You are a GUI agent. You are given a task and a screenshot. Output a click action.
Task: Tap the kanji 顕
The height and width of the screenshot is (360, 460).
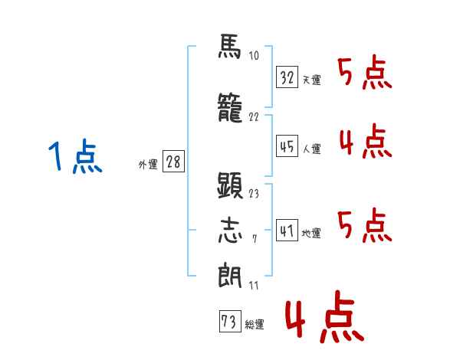[x=229, y=186]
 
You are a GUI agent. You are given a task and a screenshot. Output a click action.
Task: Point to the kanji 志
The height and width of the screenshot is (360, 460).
[x=229, y=230]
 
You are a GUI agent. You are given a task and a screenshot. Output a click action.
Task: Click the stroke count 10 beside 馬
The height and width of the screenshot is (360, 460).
[x=254, y=56]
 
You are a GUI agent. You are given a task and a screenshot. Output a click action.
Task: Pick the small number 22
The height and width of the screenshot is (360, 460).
[x=254, y=118]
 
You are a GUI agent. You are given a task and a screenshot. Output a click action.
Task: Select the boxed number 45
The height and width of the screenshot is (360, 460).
[x=287, y=146]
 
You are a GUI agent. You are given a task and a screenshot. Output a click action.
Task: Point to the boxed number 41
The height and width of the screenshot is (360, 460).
[x=287, y=230]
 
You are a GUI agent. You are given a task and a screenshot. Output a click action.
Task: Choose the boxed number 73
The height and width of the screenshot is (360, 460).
[x=229, y=322]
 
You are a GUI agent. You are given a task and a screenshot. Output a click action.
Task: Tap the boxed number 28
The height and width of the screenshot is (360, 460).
[x=173, y=162]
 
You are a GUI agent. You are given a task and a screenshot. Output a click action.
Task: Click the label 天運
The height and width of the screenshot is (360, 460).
[x=311, y=80]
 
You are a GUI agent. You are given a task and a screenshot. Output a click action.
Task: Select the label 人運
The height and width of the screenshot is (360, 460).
[x=311, y=149]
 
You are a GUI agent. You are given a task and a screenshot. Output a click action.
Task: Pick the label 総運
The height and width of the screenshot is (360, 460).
[x=254, y=325]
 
